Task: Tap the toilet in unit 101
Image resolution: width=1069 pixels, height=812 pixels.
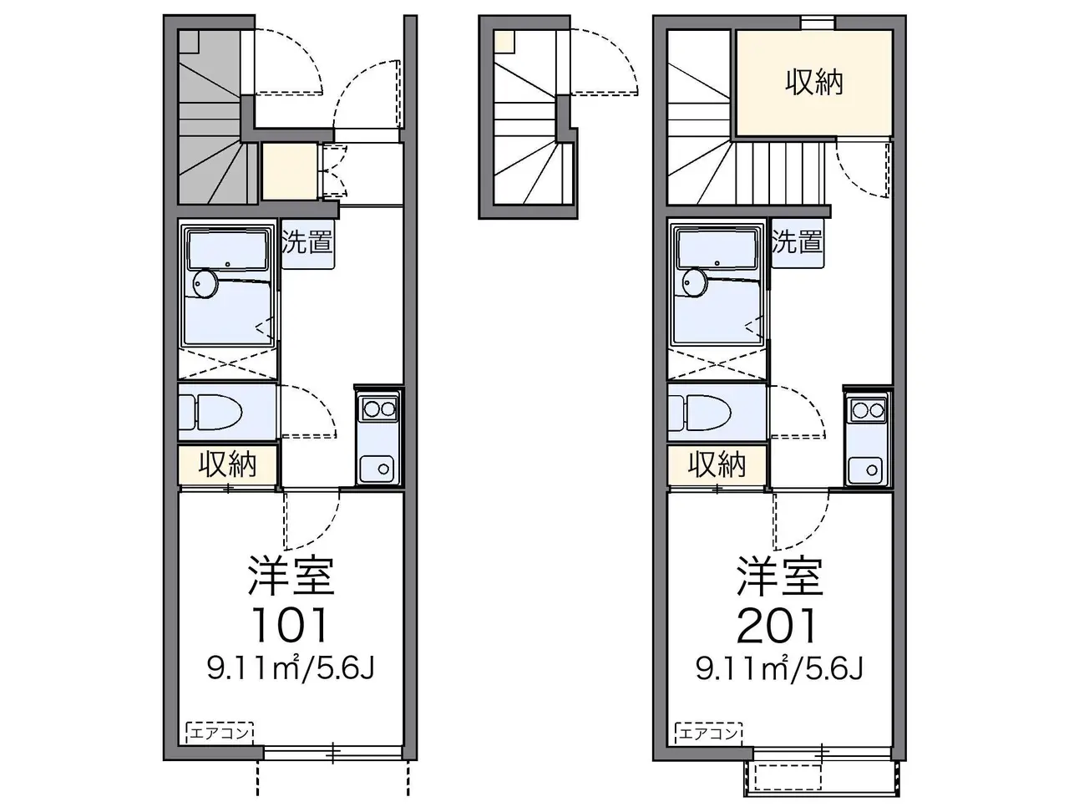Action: (x=211, y=412)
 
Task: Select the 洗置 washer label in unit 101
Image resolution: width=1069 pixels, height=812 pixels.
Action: (x=308, y=243)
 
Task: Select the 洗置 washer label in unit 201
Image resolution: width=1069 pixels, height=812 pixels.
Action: (x=797, y=243)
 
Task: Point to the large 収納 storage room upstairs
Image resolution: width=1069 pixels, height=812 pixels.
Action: (x=813, y=83)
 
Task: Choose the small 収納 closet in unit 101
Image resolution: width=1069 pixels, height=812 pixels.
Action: (x=227, y=464)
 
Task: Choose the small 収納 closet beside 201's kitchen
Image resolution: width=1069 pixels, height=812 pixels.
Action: (x=717, y=464)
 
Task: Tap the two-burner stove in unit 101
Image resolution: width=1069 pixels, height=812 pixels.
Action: (x=378, y=409)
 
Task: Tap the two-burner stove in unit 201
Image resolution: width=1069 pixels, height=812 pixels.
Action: (x=868, y=409)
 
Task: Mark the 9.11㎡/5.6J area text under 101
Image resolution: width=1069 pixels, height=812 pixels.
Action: (x=291, y=669)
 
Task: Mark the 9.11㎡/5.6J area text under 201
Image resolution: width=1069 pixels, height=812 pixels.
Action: (x=779, y=669)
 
